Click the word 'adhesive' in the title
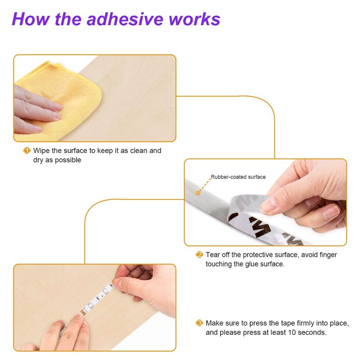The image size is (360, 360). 126,19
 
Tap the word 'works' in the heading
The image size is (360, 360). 195,19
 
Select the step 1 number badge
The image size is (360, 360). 27,151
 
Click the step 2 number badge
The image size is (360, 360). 199,255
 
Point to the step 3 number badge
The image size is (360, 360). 199,323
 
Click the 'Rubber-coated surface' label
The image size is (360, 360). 238,177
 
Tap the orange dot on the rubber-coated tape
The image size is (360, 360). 198,193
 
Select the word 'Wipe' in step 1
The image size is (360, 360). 41,151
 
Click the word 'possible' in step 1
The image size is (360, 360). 68,160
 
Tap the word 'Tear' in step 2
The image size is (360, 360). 213,255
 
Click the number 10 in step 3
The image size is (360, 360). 292,333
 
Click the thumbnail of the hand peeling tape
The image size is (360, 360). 265,202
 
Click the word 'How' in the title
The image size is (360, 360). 31,19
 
